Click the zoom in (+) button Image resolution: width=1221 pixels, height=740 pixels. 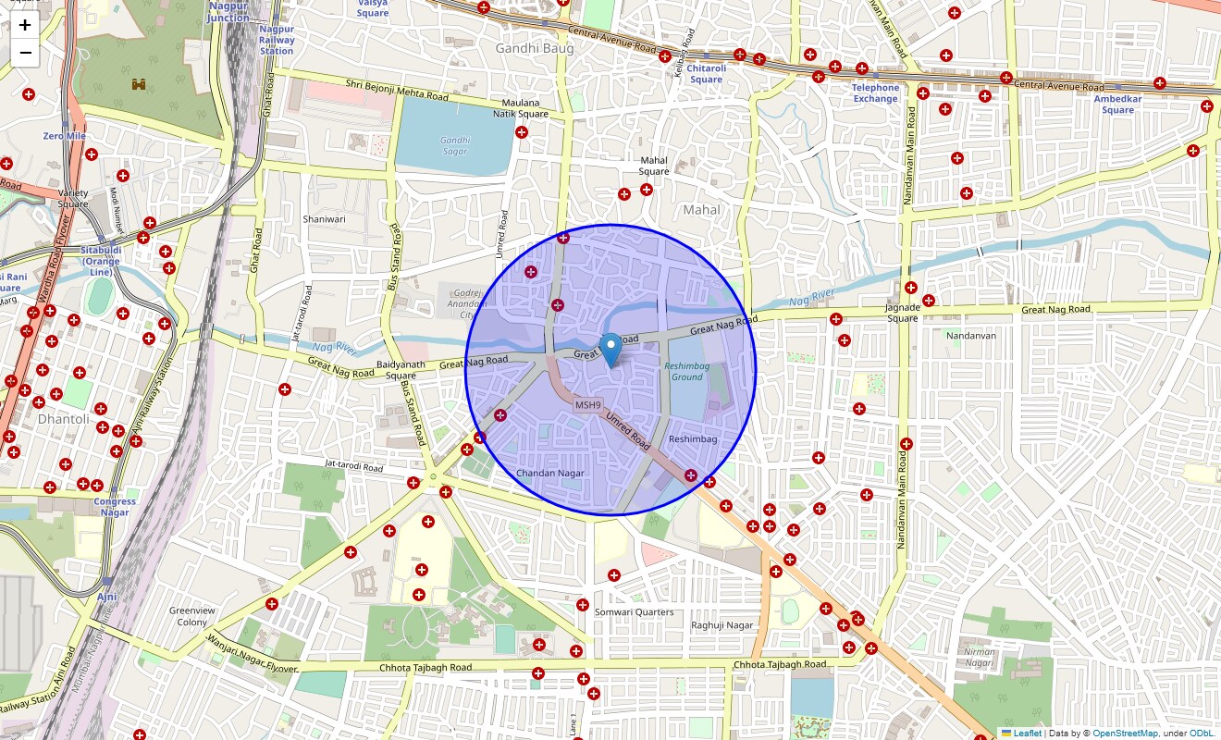click(25, 25)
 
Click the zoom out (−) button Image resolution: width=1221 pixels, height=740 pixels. click(25, 53)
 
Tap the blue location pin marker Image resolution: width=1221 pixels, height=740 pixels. click(610, 350)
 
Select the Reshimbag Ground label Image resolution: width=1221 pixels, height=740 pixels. click(687, 372)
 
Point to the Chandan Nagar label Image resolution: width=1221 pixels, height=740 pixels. click(550, 474)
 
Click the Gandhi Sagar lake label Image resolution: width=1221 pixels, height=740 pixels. click(455, 145)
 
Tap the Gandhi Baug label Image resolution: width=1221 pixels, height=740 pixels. click(535, 48)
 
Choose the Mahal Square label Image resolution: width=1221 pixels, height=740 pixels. click(654, 166)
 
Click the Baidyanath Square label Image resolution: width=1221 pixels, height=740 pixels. click(401, 370)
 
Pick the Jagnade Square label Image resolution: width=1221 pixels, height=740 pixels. click(903, 313)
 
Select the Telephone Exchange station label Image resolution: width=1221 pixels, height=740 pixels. click(875, 93)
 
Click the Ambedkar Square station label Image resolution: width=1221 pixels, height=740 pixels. click(1117, 105)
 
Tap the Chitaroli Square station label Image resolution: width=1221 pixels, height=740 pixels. click(706, 74)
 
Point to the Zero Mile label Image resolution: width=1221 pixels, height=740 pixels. click(65, 136)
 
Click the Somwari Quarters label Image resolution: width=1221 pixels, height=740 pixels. click(635, 612)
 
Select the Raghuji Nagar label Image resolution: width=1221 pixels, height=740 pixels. click(722, 625)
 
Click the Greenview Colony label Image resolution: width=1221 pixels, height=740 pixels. click(192, 616)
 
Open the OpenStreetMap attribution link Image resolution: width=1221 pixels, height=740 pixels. click(1125, 734)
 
